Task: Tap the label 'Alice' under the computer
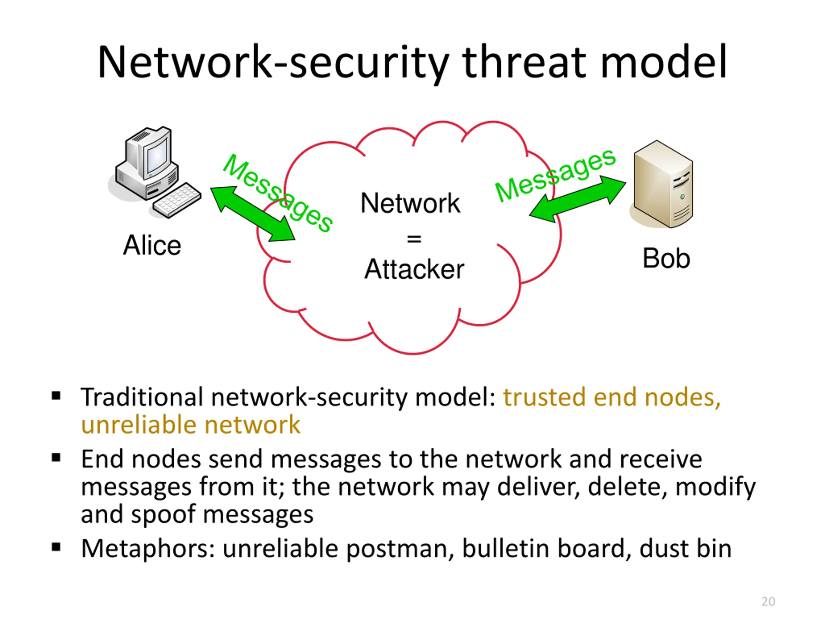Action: coord(152,246)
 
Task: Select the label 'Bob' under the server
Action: coord(666,258)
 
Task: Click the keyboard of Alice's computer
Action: coord(178,200)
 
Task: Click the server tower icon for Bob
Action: coord(663,185)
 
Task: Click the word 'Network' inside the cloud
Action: coord(410,203)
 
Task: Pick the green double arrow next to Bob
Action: coord(577,199)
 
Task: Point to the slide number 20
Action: coord(768,602)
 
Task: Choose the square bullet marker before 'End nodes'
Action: coord(56,457)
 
